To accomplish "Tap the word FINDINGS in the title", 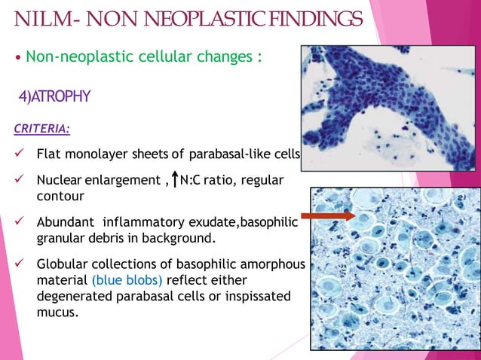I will tap(316, 18).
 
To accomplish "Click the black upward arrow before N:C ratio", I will tap(175, 181).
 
